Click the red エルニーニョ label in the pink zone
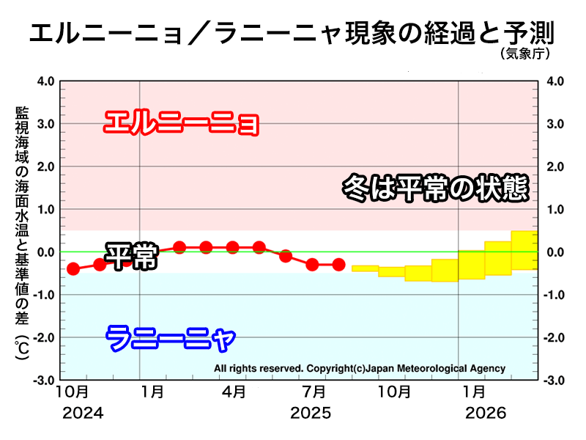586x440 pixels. pos(182,122)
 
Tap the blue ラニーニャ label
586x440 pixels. pos(171,339)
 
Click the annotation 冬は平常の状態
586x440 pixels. pos(435,188)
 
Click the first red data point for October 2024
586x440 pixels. pos(73,269)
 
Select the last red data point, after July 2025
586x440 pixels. pos(338,264)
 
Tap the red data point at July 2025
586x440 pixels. pos(312,264)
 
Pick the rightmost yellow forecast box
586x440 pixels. pos(524,250)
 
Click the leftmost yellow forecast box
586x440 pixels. pos(365,268)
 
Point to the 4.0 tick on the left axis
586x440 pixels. pos(45,81)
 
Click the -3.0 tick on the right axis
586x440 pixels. pos(553,381)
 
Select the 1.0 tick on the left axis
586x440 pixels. pos(45,210)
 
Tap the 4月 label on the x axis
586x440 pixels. pos(234,392)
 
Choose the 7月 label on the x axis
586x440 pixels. pos(313,392)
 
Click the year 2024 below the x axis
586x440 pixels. pos(82,414)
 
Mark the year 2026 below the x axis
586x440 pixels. pos(486,414)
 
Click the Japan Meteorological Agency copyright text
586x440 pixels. pos(360,368)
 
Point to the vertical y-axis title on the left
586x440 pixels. pos(21,235)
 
